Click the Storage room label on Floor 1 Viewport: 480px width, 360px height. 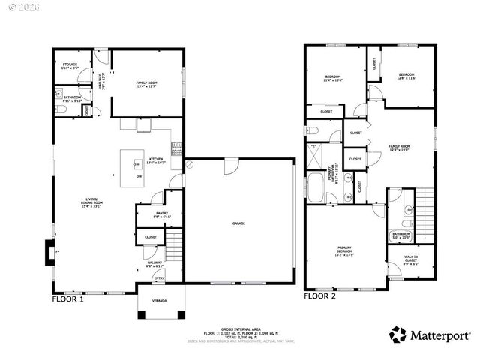[x=70, y=66]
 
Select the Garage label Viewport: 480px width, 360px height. [x=238, y=223]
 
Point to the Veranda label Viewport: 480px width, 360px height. [x=159, y=301]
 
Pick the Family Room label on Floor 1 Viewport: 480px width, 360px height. [x=146, y=83]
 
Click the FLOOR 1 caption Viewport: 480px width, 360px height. [x=67, y=298]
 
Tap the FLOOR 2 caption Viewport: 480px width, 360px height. [x=320, y=296]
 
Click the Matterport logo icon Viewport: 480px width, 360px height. [x=398, y=334]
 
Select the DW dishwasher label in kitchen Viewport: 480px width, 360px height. [x=138, y=177]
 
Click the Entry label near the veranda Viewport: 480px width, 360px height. [x=158, y=278]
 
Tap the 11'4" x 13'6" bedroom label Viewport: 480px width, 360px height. [x=333, y=77]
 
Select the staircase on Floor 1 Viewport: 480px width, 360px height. [x=174, y=243]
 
